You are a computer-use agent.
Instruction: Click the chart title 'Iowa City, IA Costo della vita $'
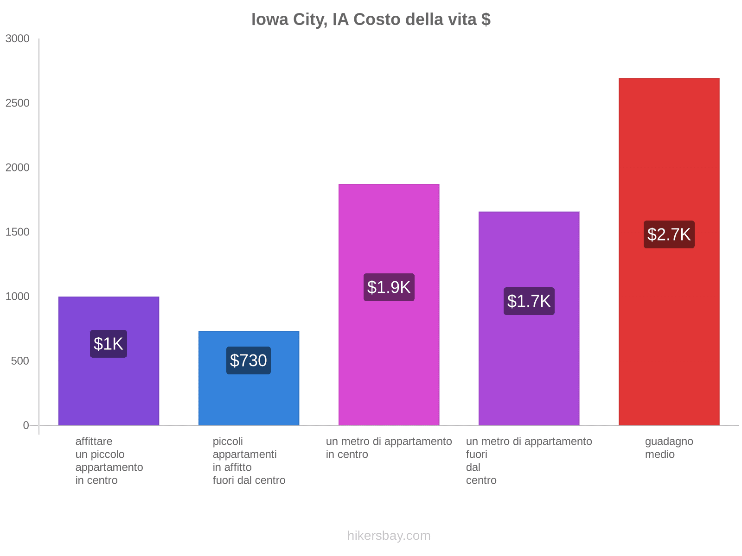click(x=371, y=19)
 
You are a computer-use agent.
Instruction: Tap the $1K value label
click(x=109, y=344)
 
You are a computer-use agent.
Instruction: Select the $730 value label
click(x=249, y=360)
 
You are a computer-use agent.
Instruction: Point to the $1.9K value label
click(x=389, y=287)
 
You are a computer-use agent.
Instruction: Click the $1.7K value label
click(x=529, y=301)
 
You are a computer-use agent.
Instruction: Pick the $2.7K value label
click(x=669, y=234)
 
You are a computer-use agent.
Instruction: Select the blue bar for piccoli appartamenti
click(x=249, y=398)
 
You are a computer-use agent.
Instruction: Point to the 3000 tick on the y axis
click(x=18, y=39)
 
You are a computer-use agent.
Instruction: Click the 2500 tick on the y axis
click(x=18, y=103)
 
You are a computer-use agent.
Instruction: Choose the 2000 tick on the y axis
click(x=18, y=168)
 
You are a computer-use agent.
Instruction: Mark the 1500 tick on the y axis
click(x=18, y=232)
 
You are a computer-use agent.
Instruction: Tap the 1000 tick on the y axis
click(x=18, y=297)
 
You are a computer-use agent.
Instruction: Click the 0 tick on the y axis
click(x=26, y=425)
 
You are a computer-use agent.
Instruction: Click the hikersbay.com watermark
click(x=389, y=536)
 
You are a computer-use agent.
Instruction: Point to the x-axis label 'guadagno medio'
click(x=669, y=448)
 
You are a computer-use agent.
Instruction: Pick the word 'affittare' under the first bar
click(x=94, y=442)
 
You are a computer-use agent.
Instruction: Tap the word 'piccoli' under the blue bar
click(x=228, y=442)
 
